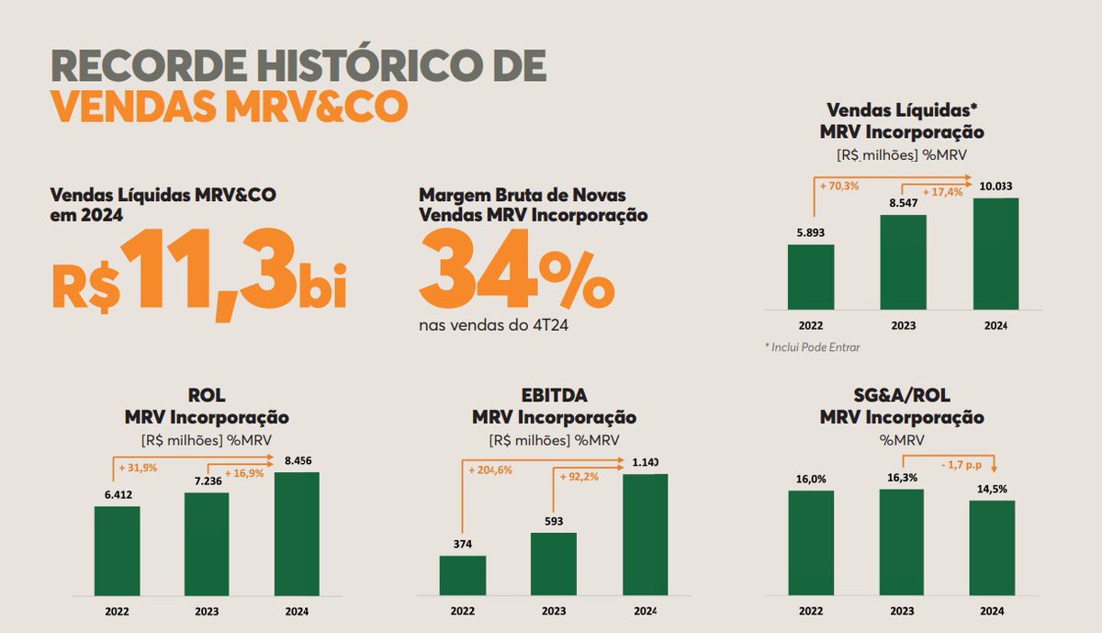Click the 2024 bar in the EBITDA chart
645,534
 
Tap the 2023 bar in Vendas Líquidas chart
903,262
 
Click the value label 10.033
995,187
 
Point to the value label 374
463,544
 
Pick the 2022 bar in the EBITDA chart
463,575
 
